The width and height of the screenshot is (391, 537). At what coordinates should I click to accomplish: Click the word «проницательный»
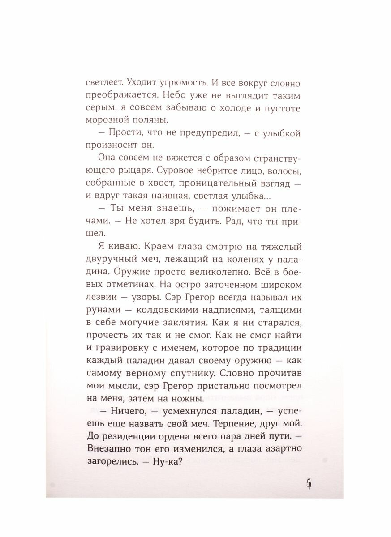pyautogui.click(x=188, y=184)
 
